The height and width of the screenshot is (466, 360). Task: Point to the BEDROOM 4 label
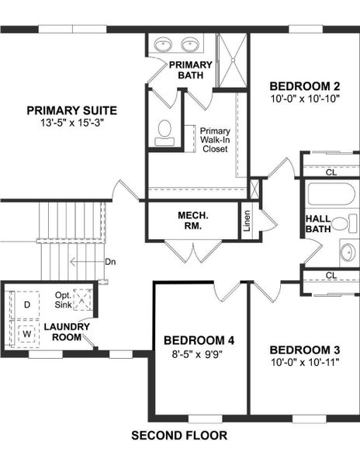pyautogui.click(x=199, y=340)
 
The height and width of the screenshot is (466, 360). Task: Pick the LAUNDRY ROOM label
pyautogui.click(x=67, y=332)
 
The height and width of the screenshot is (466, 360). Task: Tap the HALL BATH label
pyautogui.click(x=319, y=224)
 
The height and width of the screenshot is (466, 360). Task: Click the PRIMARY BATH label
pyautogui.click(x=190, y=70)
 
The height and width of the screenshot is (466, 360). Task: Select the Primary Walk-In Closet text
pyautogui.click(x=214, y=140)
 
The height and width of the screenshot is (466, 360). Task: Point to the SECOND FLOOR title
pyautogui.click(x=179, y=436)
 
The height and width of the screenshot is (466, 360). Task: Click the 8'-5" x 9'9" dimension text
pyautogui.click(x=199, y=354)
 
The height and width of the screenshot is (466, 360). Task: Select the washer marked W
pyautogui.click(x=27, y=334)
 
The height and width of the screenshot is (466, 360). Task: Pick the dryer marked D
pyautogui.click(x=27, y=304)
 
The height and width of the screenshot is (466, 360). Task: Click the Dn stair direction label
pyautogui.click(x=109, y=262)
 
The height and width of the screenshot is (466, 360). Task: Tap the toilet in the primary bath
pyautogui.click(x=164, y=132)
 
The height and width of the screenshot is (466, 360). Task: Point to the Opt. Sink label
pyautogui.click(x=63, y=301)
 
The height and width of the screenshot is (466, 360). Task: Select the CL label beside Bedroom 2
pyautogui.click(x=331, y=172)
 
